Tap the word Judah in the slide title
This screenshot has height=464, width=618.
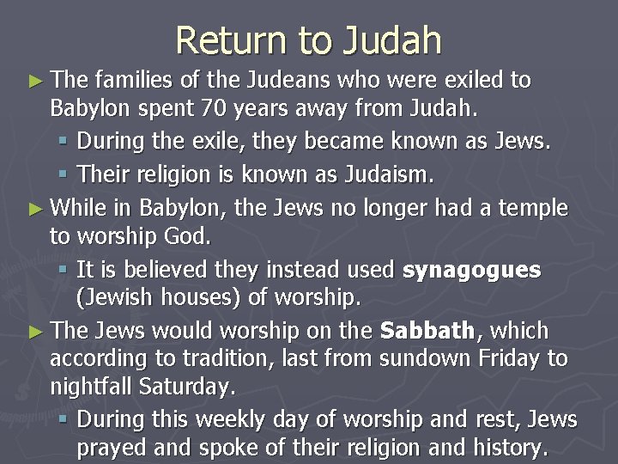coord(392,40)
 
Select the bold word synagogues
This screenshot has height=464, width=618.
coord(472,270)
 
